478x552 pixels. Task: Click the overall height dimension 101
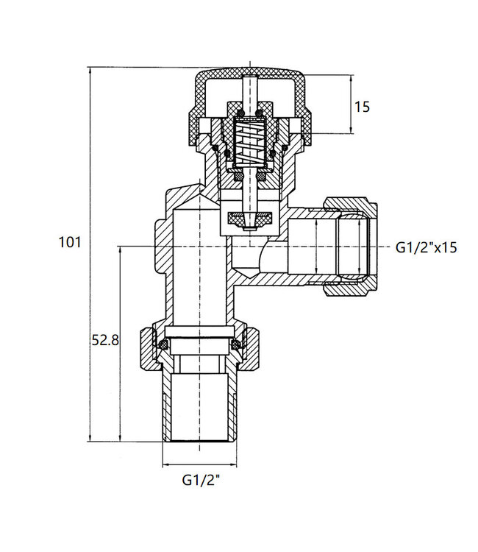click(68, 242)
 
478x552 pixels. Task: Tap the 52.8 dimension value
click(105, 340)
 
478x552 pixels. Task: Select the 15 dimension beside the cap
click(363, 107)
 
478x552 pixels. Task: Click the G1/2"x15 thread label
click(426, 247)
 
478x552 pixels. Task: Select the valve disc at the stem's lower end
click(249, 219)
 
